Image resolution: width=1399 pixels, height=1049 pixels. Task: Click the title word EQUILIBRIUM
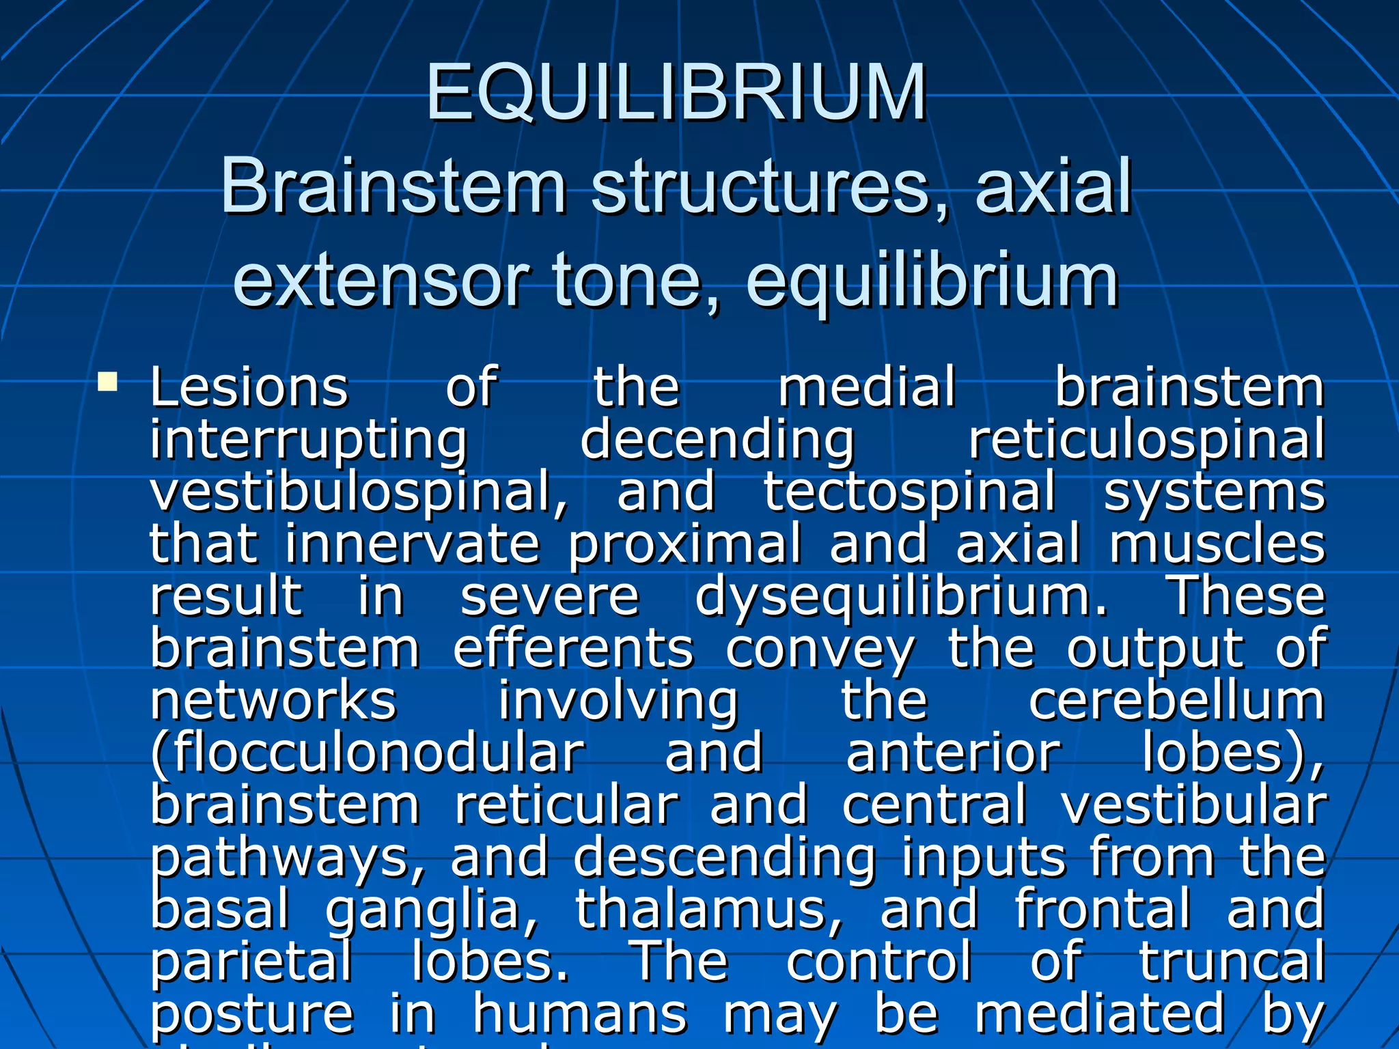pyautogui.click(x=676, y=92)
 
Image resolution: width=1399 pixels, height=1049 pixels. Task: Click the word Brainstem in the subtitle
pyautogui.click(x=393, y=186)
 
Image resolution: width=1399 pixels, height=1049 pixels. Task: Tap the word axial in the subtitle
pyautogui.click(x=1053, y=186)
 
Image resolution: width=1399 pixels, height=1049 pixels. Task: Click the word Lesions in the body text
pyautogui.click(x=249, y=387)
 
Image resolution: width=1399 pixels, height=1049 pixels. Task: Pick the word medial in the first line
pyautogui.click(x=867, y=387)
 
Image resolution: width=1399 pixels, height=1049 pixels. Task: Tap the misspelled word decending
pyautogui.click(x=717, y=440)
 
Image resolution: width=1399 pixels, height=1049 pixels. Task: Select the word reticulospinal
pyautogui.click(x=1147, y=440)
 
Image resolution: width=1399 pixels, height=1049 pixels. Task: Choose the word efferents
pyautogui.click(x=573, y=649)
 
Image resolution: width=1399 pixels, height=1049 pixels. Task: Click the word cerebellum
pyautogui.click(x=1176, y=701)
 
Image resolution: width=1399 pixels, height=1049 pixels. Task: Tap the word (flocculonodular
pyautogui.click(x=368, y=753)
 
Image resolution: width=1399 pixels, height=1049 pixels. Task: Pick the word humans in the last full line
pyautogui.click(x=579, y=1014)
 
